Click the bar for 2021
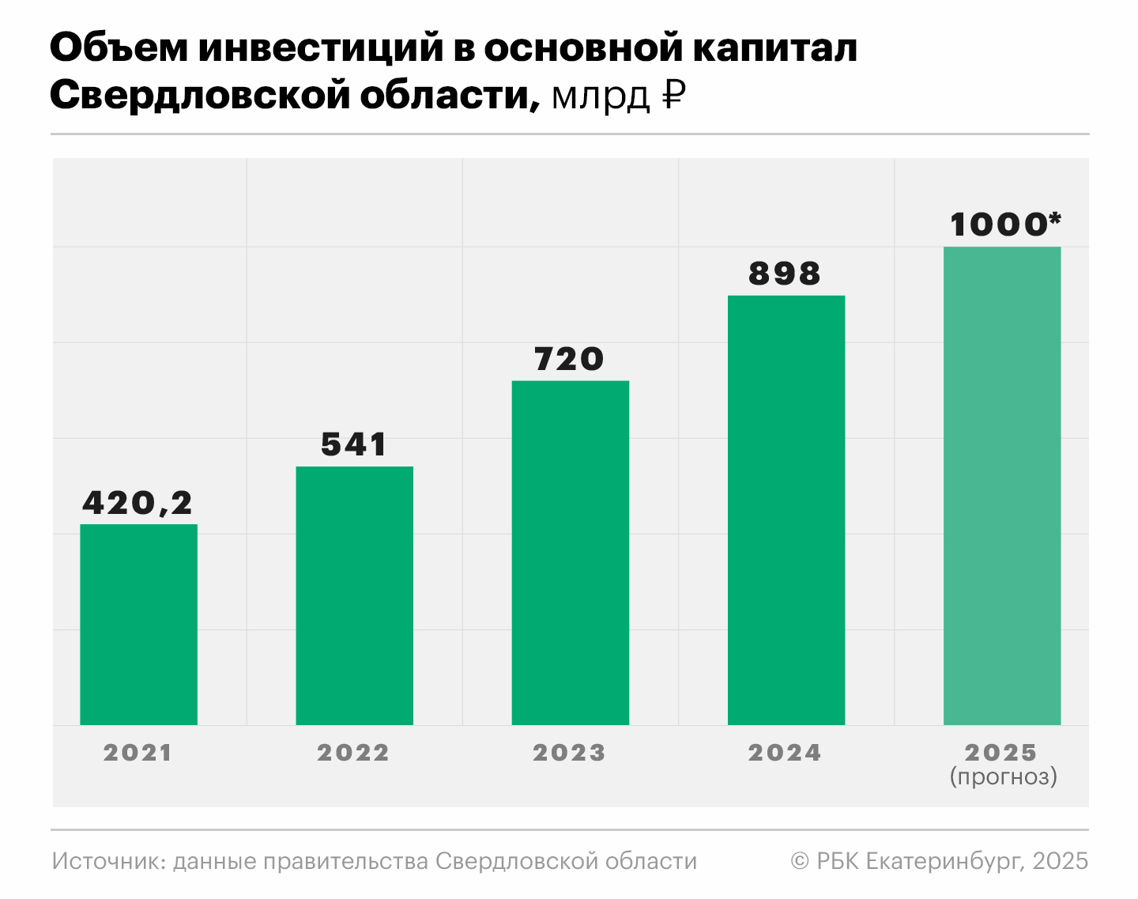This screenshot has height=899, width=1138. pyautogui.click(x=138, y=625)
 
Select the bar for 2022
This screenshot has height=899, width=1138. pyautogui.click(x=354, y=595)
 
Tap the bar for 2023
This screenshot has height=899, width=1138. pyautogui.click(x=570, y=553)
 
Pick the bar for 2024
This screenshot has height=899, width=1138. pyautogui.click(x=786, y=510)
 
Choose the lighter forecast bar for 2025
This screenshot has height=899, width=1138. pyautogui.click(x=1001, y=485)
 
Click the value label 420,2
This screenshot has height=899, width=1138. pyautogui.click(x=138, y=503)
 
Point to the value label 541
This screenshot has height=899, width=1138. pyautogui.click(x=354, y=444)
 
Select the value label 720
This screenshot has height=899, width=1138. pyautogui.click(x=569, y=359)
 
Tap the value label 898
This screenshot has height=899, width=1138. pyautogui.click(x=785, y=274)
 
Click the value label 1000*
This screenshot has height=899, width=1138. pyautogui.click(x=1004, y=225)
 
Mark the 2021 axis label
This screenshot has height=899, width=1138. pyautogui.click(x=138, y=753)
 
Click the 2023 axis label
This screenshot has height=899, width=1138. pyautogui.click(x=569, y=753)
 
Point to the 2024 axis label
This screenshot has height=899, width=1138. pyautogui.click(x=785, y=753)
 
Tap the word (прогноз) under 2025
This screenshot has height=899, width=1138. pyautogui.click(x=1003, y=776)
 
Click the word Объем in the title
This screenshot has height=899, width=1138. pyautogui.click(x=118, y=47)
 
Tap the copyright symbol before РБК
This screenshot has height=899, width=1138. pyautogui.click(x=800, y=861)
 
